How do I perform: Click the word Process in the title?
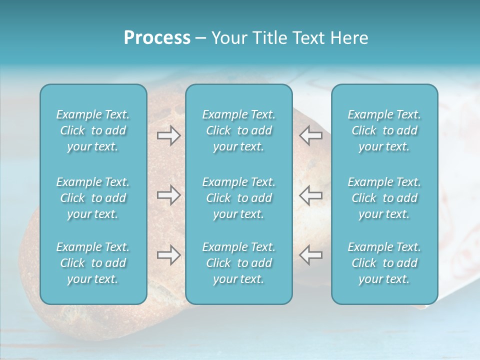point(157,38)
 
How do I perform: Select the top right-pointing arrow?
point(168,135)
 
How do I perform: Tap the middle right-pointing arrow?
point(168,195)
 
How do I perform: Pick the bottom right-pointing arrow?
point(168,255)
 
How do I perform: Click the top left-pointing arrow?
point(310,135)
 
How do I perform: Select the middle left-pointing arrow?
point(310,195)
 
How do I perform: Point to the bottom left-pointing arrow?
point(310,255)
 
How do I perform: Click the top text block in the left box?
point(93,130)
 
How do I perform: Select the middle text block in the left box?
point(93,198)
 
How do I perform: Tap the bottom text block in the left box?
point(93,263)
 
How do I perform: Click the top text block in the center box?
point(238,130)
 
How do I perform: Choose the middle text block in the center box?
point(238,198)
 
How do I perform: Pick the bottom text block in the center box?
point(238,263)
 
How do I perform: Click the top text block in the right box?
point(384,130)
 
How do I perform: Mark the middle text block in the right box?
point(384,198)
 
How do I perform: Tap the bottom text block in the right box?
point(384,263)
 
